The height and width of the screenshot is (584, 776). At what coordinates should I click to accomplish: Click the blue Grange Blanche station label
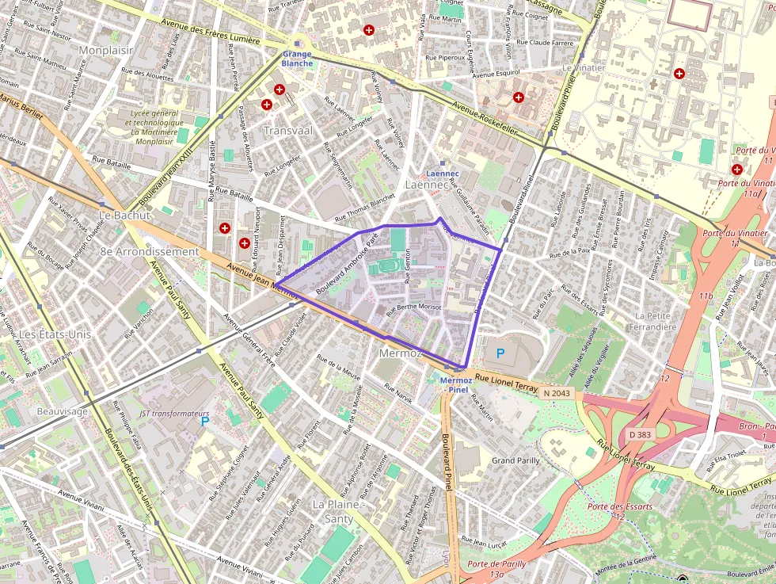(x=298, y=59)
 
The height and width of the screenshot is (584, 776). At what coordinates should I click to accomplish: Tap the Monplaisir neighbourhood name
(x=106, y=50)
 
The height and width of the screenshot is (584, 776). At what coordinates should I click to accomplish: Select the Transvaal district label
(x=288, y=130)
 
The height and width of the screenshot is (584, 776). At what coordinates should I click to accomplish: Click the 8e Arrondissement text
(x=149, y=251)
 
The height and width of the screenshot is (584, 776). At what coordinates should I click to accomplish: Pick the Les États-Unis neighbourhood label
(x=55, y=334)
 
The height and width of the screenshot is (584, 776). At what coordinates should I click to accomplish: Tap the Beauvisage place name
(x=63, y=411)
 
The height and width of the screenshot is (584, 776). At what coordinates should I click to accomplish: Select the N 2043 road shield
(x=557, y=392)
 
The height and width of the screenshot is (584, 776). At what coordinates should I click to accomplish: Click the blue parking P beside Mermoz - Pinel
(x=499, y=353)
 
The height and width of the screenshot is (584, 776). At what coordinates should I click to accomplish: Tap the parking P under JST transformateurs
(x=205, y=421)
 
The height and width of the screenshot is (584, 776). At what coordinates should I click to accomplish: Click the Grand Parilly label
(x=515, y=460)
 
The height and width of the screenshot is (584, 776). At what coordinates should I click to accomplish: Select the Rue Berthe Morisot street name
(x=413, y=308)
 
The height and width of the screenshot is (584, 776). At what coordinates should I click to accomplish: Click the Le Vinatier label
(x=584, y=68)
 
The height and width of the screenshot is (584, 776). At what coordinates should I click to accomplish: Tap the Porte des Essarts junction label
(x=620, y=506)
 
